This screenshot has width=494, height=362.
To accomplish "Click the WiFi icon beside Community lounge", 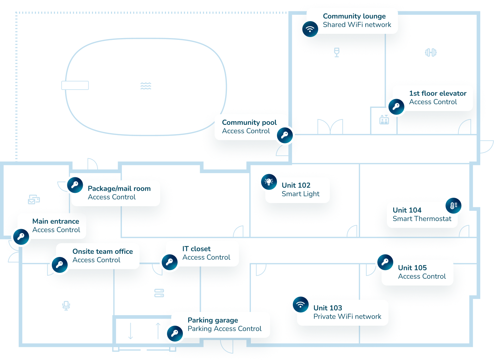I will point(310,29).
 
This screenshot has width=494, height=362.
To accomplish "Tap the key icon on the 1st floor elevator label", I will point(396,106).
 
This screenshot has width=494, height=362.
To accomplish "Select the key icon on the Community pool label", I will point(285,135).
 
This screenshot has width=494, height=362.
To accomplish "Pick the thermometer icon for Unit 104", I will point(453,205).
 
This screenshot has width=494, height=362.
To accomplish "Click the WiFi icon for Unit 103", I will point(301,304).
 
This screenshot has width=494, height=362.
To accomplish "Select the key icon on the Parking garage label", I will point(174,333).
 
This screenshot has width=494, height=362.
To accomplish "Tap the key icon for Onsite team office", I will point(59,265).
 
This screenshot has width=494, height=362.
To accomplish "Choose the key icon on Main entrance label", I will point(21,237).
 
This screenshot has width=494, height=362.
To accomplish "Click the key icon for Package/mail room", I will point(75,185).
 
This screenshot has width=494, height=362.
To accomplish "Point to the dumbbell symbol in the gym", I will point(431,53).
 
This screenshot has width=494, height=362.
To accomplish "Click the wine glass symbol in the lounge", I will point(337,52).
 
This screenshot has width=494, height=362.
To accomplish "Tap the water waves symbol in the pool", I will point(146,86).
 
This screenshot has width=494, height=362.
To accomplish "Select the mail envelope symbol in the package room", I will point(33,200).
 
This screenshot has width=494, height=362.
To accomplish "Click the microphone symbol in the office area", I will point(66,305).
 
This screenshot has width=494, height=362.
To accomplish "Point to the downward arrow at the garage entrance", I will point(130,331).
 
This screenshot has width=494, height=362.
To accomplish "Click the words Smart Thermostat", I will point(422,219).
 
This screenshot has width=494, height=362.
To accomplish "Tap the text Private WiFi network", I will point(347,317).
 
